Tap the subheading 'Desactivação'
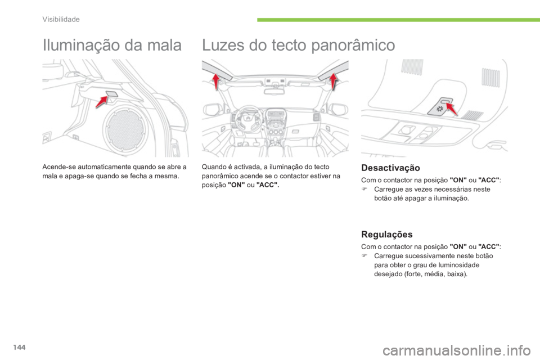(390, 168)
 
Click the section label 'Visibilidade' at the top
(61, 19)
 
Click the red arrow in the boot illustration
(102, 101)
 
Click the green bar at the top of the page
(394, 20)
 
